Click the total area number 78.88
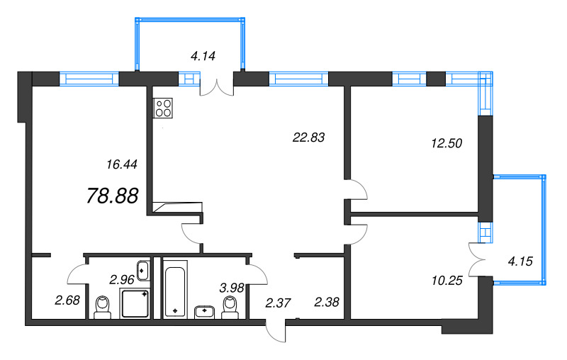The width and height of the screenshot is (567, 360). tap(113, 196)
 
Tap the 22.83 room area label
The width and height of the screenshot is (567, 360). tap(308, 137)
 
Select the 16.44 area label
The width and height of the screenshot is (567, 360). tap(122, 164)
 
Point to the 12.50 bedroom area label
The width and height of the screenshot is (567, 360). tap(447, 143)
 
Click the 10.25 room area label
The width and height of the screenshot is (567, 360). tap(447, 280)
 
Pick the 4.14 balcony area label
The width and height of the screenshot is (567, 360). tap(203, 56)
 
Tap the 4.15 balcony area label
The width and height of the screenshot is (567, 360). tap(520, 261)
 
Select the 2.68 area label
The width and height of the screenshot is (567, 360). tap(67, 300)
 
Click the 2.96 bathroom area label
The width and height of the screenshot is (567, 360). tap(122, 279)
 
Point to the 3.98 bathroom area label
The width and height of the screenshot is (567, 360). tap(232, 288)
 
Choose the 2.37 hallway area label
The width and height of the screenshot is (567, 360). tap(278, 303)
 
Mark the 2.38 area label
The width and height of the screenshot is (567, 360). tap(327, 302)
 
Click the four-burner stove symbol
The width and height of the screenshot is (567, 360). tap(163, 108)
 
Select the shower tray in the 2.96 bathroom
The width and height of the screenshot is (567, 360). tap(135, 303)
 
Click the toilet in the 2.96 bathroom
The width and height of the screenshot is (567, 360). tap(102, 308)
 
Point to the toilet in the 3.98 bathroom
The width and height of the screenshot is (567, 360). tap(230, 308)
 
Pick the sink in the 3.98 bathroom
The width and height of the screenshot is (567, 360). tap(205, 313)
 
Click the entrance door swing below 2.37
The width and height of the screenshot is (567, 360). tap(276, 331)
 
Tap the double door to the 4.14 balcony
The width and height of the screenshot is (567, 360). tap(217, 88)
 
